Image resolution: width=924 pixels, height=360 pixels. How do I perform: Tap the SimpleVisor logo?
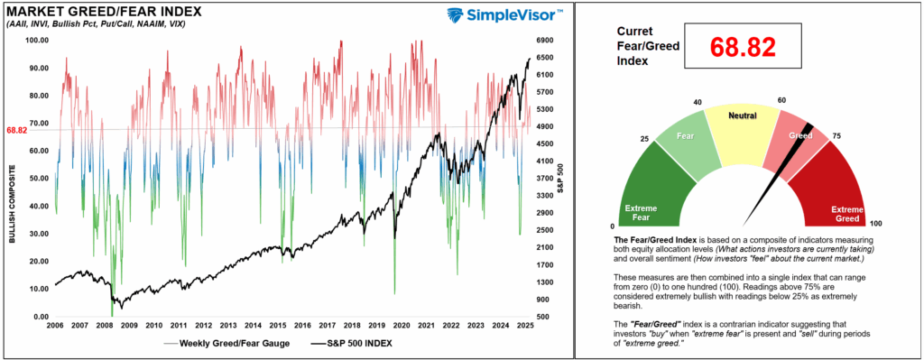point(504,16)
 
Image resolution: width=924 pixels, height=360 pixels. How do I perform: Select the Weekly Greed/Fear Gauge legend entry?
point(229,343)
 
